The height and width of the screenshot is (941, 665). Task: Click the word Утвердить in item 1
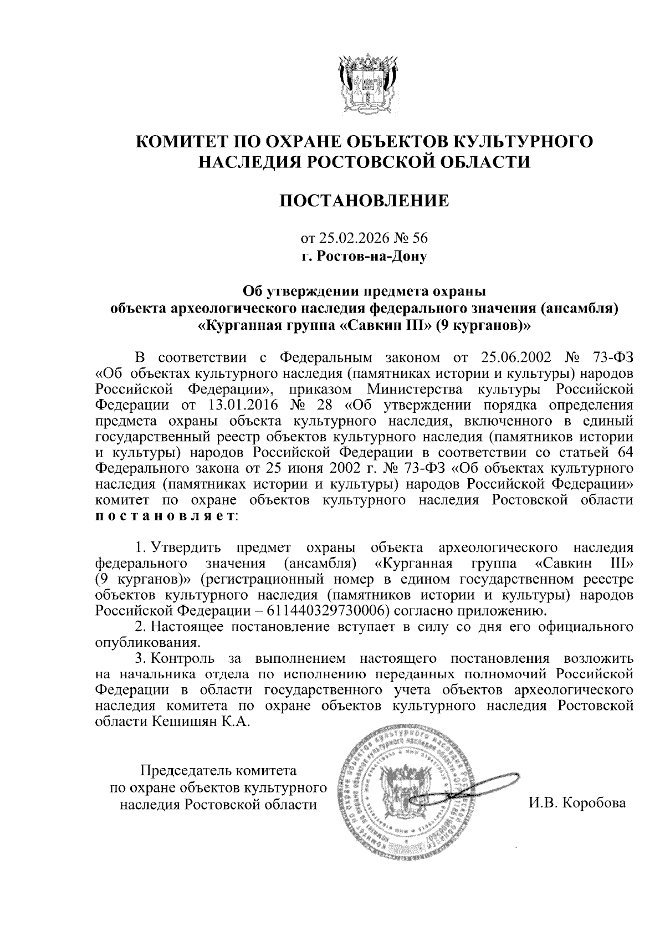[187, 549]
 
